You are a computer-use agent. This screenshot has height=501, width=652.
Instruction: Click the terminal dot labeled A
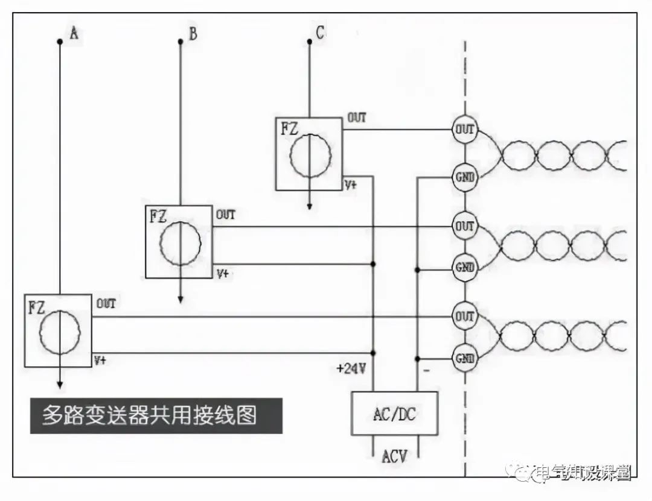click(x=59, y=42)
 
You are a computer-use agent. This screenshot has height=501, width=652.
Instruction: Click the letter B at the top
click(x=193, y=34)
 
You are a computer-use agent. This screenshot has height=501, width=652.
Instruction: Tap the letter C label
click(x=320, y=33)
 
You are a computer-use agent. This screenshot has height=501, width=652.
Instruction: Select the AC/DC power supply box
click(x=395, y=414)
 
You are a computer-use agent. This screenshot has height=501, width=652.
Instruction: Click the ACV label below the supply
click(x=394, y=456)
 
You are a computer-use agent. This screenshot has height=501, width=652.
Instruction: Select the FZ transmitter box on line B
click(x=179, y=241)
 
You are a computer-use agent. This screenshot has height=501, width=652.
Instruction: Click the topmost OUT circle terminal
click(x=464, y=129)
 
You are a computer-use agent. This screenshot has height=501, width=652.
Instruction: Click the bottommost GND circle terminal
click(x=464, y=359)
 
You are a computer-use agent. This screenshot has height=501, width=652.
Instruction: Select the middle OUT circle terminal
click(x=464, y=227)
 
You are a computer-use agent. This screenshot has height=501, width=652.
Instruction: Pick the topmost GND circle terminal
click(x=464, y=177)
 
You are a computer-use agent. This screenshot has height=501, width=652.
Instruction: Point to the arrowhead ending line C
click(x=310, y=206)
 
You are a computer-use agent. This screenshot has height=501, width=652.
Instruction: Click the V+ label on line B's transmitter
click(x=223, y=274)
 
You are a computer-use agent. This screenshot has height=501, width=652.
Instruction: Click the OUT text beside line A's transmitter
click(x=105, y=303)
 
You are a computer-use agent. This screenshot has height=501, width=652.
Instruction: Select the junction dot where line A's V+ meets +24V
click(x=374, y=353)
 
